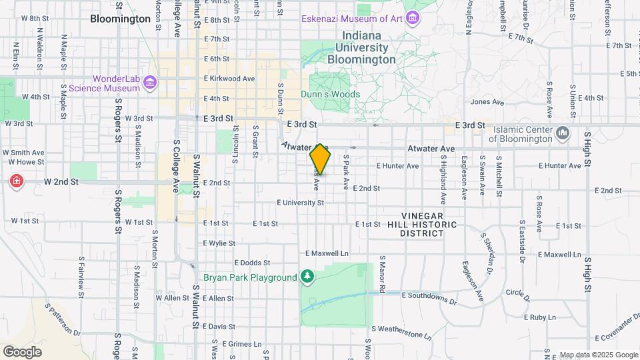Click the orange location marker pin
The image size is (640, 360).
320,159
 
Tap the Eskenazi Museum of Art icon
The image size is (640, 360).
413,18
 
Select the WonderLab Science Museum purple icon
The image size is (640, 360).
150,82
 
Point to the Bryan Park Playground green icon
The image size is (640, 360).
307,277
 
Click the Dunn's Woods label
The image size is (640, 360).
335,94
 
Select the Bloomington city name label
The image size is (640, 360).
121,19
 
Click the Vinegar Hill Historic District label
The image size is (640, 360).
429,225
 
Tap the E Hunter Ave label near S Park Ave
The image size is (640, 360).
397,166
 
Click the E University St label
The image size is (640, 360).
300,202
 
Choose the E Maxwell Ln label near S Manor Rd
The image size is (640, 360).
327,253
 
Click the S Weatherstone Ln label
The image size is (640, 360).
401,329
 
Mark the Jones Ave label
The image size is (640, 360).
487,102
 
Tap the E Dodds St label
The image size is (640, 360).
251,263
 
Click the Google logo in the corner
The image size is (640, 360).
22,351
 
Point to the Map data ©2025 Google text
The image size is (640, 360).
599,355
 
